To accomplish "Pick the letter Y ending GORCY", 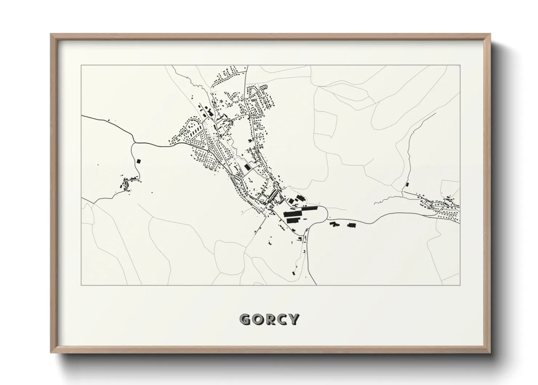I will point(293,319).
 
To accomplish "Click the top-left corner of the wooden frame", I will point(51,34).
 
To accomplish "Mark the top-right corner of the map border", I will point(460,66).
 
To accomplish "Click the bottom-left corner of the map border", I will point(81,285).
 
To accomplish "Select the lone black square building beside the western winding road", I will point(138,160).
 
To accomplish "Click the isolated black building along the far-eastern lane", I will point(407,184).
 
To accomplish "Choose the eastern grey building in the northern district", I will point(253,100).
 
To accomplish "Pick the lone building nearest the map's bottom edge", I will point(293,273).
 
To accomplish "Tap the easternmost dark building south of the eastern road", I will point(351,225).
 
